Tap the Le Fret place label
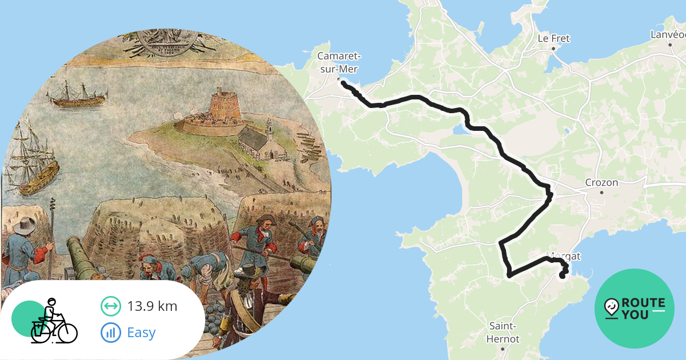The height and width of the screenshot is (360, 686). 554,39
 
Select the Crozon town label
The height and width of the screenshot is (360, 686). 601,183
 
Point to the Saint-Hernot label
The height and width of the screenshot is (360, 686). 502,333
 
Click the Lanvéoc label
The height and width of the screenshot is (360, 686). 668,35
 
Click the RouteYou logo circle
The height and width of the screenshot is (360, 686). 635,309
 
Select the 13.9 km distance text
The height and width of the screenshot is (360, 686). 152,306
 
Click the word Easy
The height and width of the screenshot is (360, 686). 141,332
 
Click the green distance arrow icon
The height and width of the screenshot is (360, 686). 111,306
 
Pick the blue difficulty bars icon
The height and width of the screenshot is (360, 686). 111,332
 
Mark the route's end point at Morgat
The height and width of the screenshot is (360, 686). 561,277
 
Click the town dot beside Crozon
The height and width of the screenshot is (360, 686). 601,193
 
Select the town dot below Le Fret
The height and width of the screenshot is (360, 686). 553,49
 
